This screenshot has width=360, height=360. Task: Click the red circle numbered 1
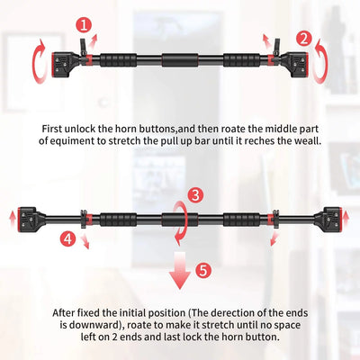84,25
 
